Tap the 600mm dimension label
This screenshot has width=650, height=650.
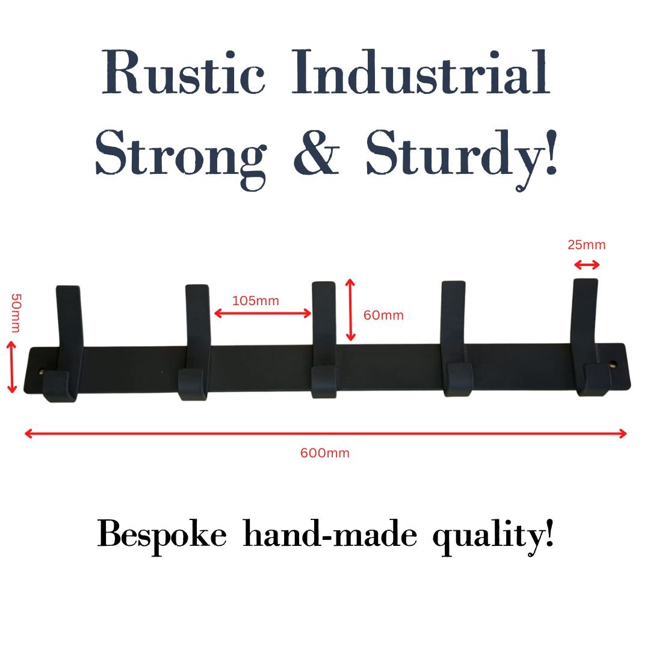[x=324, y=453]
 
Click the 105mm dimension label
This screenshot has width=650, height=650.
[x=255, y=301]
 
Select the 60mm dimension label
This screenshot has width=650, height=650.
[x=383, y=315]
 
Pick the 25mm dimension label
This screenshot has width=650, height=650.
[x=586, y=245]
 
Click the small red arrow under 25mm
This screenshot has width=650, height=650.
[x=586, y=265]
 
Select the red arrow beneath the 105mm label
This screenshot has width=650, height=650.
[x=262, y=313]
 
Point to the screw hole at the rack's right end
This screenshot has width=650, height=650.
[x=613, y=365]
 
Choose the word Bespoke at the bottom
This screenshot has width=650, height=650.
[x=162, y=534]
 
